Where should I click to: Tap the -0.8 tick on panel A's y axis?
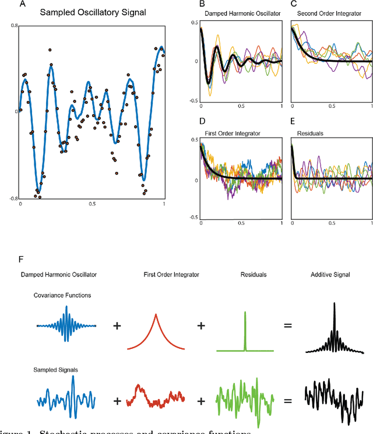coord(13,198)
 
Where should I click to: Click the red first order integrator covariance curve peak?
coord(156,316)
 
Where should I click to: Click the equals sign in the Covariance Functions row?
coord(287,326)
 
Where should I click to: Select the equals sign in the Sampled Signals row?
coord(287,401)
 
